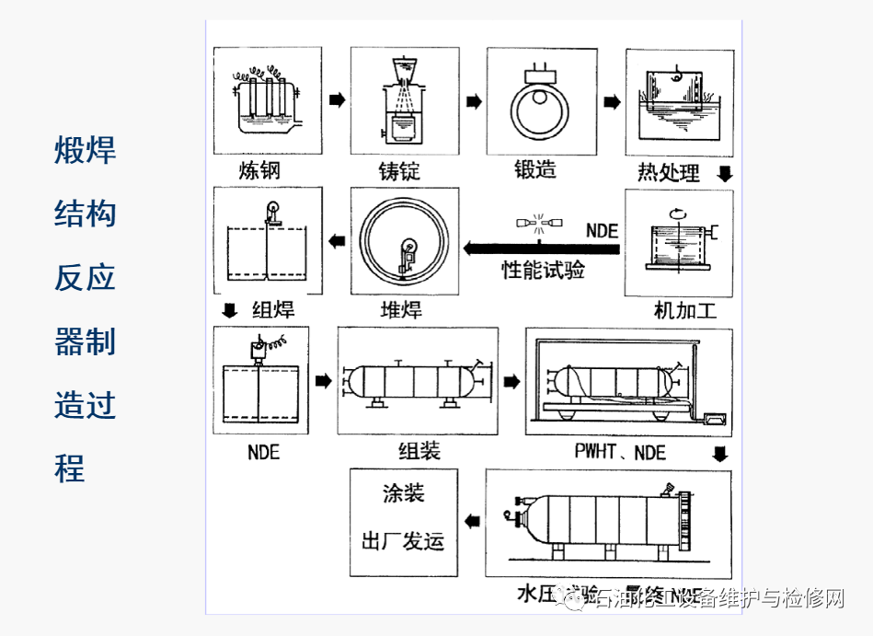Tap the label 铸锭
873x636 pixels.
coord(399,172)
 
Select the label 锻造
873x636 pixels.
coord(535,169)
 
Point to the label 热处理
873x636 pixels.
coord(669,173)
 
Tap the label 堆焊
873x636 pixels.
coord(401,309)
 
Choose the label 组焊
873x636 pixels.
coord(273,309)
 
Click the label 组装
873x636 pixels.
coord(419,451)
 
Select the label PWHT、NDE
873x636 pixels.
coord(620,452)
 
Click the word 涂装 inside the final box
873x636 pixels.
coord(403,493)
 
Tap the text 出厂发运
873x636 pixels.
coord(403,540)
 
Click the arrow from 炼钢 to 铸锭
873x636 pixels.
coord(337,99)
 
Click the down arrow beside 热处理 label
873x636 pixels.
coord(724,173)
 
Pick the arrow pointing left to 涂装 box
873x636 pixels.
coord(472,522)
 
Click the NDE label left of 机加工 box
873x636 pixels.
coord(602,230)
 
